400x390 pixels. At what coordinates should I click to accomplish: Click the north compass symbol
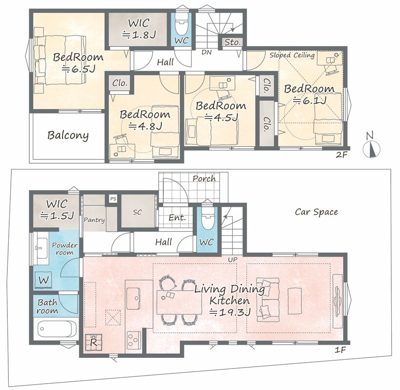pyautogui.click(x=372, y=148)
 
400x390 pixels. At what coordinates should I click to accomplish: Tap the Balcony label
pyautogui.click(x=68, y=136)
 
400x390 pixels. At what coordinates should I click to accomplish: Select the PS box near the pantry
pyautogui.click(x=113, y=198)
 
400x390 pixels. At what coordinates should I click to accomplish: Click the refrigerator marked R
pyautogui.click(x=94, y=342)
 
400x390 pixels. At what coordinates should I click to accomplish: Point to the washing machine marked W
pyautogui.click(x=43, y=280)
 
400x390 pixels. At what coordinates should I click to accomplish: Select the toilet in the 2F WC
pyautogui.click(x=181, y=24)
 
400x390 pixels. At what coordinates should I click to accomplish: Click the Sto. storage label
pyautogui.click(x=232, y=42)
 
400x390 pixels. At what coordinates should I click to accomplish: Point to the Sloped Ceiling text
pyautogui.click(x=292, y=55)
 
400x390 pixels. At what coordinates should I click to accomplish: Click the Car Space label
pyautogui.click(x=316, y=212)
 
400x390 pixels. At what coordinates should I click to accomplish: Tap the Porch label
pyautogui.click(x=204, y=178)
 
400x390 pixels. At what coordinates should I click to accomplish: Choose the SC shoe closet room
pyautogui.click(x=138, y=211)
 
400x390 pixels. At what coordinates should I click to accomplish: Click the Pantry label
pyautogui.click(x=94, y=220)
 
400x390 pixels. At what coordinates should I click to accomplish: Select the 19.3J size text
pyautogui.click(x=230, y=312)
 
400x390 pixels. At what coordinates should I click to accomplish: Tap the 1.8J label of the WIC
pyautogui.click(x=139, y=35)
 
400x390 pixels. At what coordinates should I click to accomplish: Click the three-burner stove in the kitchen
pyautogui.click(x=134, y=340)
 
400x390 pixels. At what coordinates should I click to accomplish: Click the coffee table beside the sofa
pyautogui.click(x=295, y=301)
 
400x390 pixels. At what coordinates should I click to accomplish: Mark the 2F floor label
pyautogui.click(x=341, y=154)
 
